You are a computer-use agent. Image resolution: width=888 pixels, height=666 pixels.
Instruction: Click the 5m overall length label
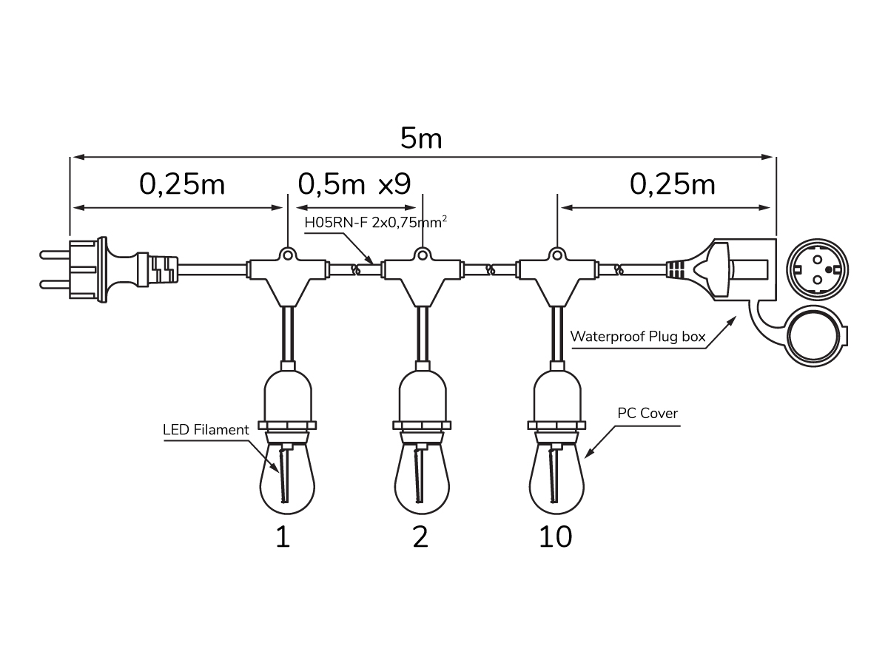[421, 138]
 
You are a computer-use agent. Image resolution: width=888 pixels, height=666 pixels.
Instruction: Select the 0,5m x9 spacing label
[354, 184]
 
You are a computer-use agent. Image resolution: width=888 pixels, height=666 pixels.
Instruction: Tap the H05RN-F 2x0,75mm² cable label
[375, 222]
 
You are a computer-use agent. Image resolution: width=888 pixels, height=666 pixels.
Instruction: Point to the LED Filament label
[206, 429]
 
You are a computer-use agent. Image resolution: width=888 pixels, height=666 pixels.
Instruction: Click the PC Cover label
[647, 413]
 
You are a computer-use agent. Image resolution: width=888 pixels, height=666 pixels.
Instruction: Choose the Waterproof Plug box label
[638, 337]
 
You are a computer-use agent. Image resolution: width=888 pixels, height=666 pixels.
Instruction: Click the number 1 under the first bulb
[283, 537]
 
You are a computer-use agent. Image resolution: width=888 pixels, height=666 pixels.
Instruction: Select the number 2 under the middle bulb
[420, 537]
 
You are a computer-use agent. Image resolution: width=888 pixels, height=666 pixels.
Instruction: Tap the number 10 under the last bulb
[556, 537]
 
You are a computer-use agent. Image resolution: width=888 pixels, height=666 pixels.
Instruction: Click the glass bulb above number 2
[422, 480]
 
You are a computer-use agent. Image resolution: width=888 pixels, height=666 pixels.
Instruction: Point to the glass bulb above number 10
[556, 480]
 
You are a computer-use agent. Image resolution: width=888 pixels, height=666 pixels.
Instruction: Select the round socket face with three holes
[817, 269]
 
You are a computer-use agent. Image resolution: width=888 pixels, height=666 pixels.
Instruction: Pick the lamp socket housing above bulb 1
[288, 398]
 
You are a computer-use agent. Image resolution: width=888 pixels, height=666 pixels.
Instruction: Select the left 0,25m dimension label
[182, 184]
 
